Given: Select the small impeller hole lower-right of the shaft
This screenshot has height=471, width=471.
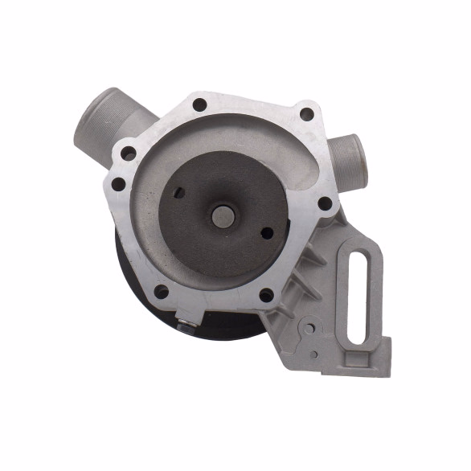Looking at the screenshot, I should (267, 233).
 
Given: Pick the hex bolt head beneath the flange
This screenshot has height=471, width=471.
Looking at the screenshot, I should (186, 326).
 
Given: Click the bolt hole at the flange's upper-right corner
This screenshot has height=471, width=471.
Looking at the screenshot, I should (305, 114).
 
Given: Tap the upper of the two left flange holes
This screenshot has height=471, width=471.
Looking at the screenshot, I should (128, 154).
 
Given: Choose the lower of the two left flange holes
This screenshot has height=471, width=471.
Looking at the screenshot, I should (119, 184).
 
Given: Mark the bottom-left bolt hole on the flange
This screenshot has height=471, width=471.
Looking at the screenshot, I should (161, 291).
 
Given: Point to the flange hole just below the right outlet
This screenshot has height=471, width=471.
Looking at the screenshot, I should (325, 204).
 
